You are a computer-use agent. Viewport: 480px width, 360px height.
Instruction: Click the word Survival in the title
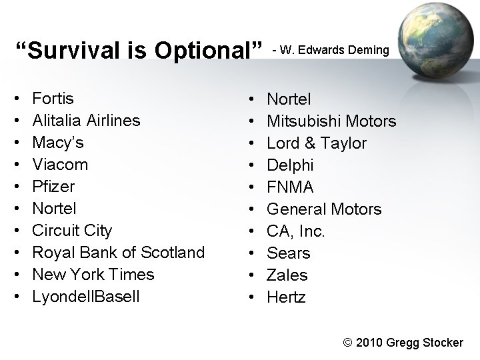tap(64, 50)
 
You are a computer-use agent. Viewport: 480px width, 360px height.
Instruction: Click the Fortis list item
tap(53, 99)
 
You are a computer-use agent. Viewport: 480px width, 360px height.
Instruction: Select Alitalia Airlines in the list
tap(86, 121)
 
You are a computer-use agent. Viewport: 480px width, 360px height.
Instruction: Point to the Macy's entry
tap(58, 143)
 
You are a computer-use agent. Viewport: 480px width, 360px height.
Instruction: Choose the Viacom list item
tap(60, 165)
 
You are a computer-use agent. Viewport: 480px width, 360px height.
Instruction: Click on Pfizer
tap(53, 187)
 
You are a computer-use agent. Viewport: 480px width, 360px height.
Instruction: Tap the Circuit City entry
tap(72, 231)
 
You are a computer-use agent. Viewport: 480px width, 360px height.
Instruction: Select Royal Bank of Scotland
tap(118, 253)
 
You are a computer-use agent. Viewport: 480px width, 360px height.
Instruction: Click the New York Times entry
tap(93, 275)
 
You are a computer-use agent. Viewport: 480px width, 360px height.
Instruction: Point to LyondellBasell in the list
tap(86, 297)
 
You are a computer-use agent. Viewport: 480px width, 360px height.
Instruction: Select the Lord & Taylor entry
tap(316, 143)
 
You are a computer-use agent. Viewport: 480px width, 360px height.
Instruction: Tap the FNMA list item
tap(290, 187)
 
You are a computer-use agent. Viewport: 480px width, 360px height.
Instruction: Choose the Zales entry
tap(287, 275)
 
